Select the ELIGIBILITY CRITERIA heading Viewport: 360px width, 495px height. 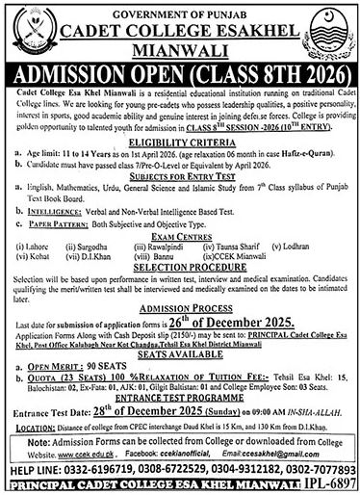coord(180,140)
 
